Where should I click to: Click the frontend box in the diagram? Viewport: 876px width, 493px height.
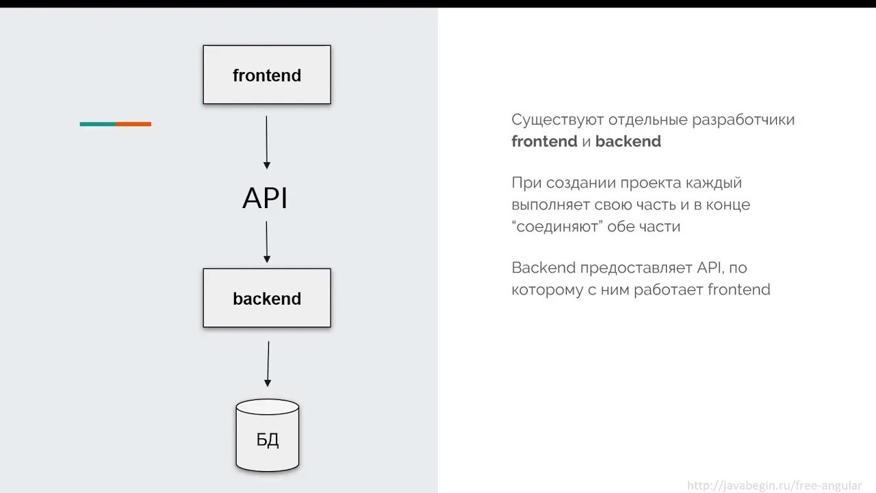point(267,75)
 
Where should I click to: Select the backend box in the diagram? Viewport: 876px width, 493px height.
point(267,298)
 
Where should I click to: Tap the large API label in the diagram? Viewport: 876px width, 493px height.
point(265,199)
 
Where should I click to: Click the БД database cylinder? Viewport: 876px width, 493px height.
point(268,436)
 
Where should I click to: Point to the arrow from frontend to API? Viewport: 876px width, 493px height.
point(266,142)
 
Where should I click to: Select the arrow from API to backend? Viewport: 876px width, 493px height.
point(266,242)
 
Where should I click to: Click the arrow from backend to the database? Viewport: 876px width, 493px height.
point(268,364)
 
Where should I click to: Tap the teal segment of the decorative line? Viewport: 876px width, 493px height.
point(98,124)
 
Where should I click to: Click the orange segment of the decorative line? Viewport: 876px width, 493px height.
point(133,124)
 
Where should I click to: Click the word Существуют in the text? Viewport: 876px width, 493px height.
point(557,120)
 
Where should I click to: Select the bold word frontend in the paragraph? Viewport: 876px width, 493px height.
point(545,142)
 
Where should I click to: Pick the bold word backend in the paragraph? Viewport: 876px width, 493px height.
point(628,142)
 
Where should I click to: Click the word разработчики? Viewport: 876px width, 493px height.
point(743,120)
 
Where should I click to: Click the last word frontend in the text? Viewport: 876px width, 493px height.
point(738,290)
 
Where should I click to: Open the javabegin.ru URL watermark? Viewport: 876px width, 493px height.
point(774,485)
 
